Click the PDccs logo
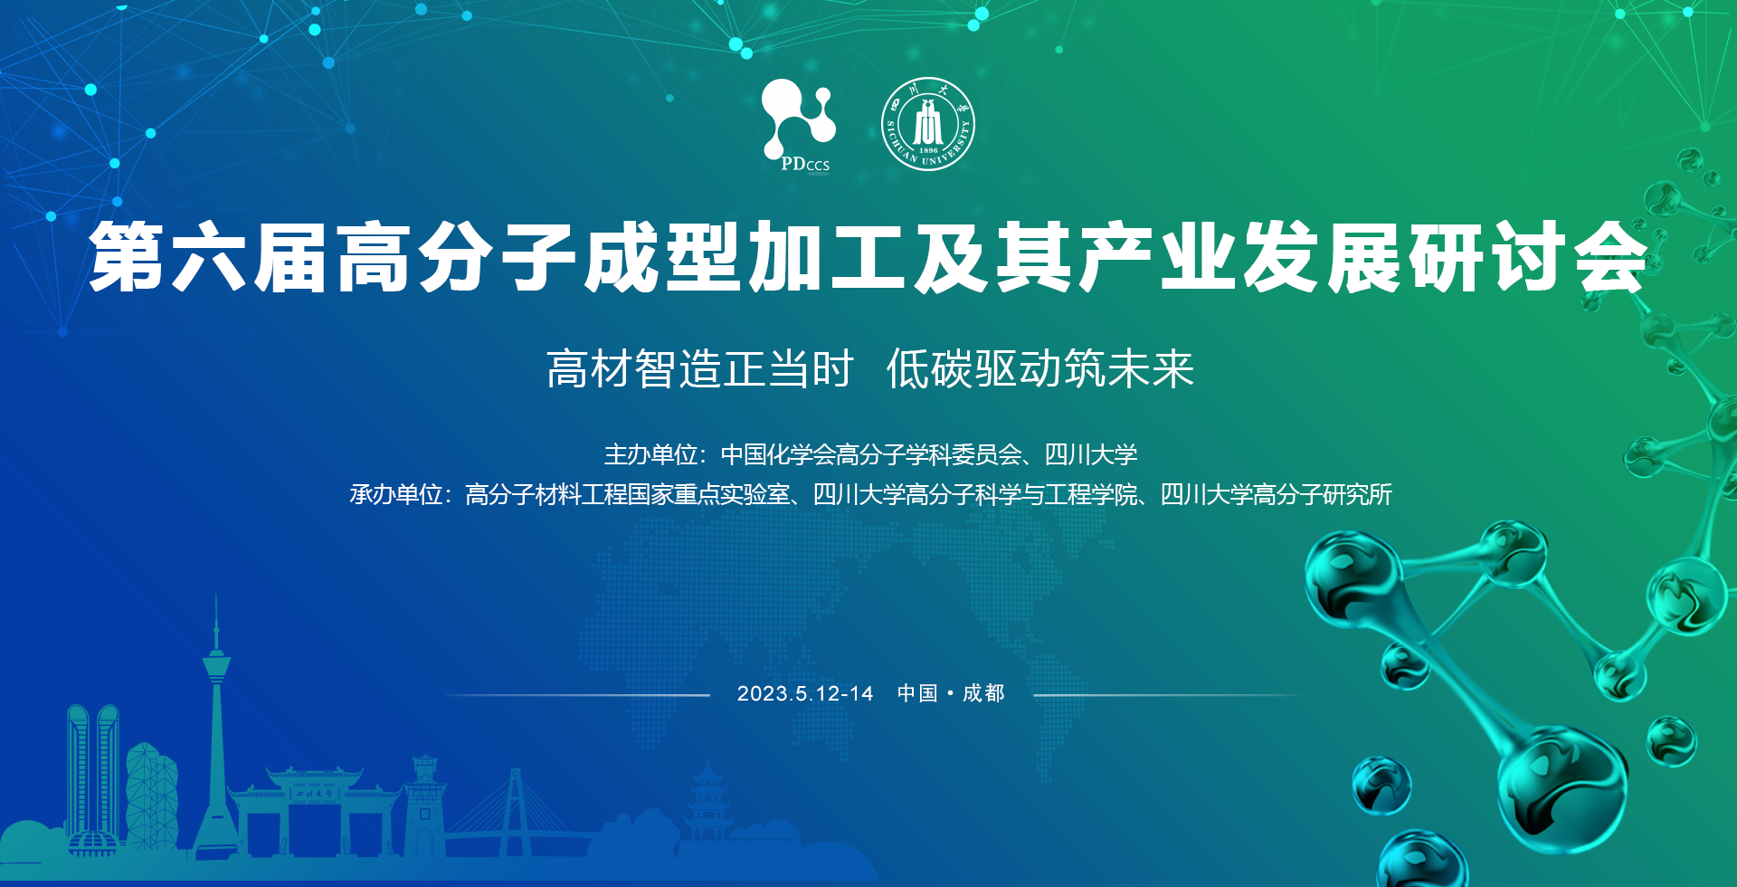pyautogui.click(x=798, y=125)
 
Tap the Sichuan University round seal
pyautogui.click(x=927, y=124)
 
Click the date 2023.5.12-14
pyautogui.click(x=805, y=693)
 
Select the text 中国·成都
pyautogui.click(x=951, y=693)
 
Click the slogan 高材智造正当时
pyautogui.click(x=700, y=369)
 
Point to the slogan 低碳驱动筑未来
pyautogui.click(x=1040, y=369)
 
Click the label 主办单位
pyautogui.click(x=650, y=454)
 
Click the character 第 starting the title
pyautogui.click(x=127, y=258)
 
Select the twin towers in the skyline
pyautogui.click(x=93, y=778)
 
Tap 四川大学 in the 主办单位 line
pyautogui.click(x=1091, y=454)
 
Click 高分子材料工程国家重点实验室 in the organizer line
pyautogui.click(x=627, y=494)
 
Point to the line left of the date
pyautogui.click(x=576, y=695)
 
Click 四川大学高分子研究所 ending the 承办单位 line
pyautogui.click(x=1276, y=494)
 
